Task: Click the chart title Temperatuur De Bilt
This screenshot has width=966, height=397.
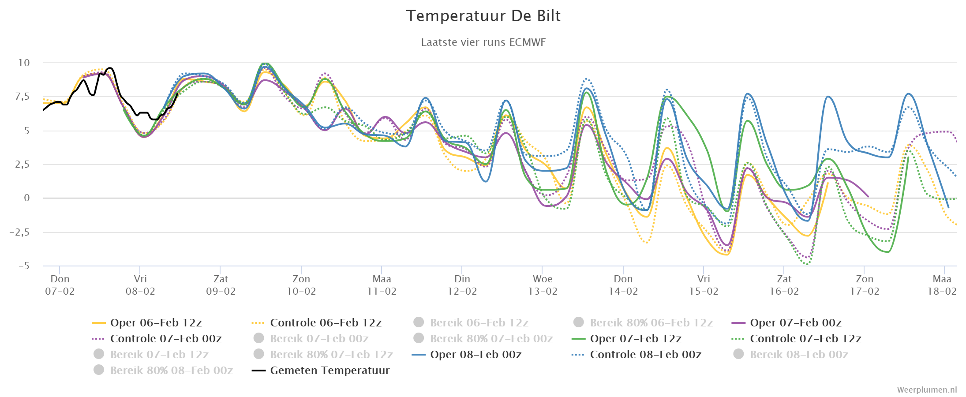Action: click(483, 16)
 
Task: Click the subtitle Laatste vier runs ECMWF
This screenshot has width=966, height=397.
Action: click(483, 42)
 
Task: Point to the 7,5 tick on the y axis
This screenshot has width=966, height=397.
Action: click(22, 97)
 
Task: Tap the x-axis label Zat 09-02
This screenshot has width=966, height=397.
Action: click(221, 285)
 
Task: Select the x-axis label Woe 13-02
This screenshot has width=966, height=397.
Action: click(543, 285)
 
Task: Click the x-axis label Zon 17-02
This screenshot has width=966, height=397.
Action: click(865, 285)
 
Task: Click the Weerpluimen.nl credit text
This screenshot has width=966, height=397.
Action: click(927, 390)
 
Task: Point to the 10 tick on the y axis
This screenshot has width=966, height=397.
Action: click(24, 63)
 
